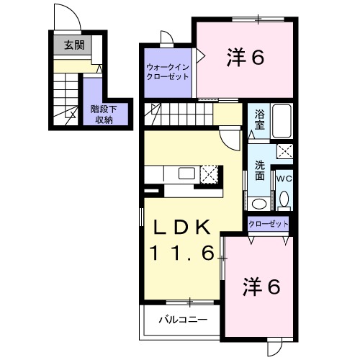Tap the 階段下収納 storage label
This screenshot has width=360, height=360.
tap(102, 114)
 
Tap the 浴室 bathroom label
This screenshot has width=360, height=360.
tap(258, 118)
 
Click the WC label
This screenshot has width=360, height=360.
tap(284, 176)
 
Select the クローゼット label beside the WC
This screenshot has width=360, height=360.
tap(268, 224)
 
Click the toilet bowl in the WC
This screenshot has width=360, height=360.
tap(284, 198)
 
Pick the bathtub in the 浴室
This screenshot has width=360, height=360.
tap(281, 122)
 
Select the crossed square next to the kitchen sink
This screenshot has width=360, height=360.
tap(210, 174)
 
